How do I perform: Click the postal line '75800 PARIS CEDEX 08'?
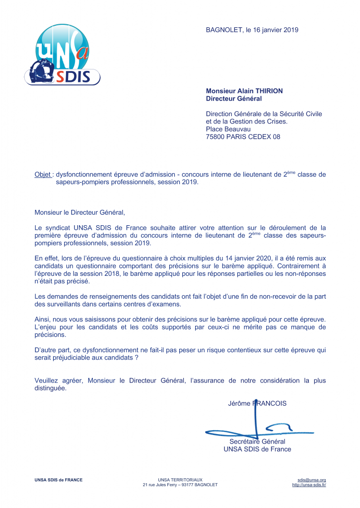243,136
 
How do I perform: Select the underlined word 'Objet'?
43,175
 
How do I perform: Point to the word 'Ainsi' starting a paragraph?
42,319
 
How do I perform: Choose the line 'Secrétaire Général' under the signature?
257,442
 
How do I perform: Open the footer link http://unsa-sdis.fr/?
309,485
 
